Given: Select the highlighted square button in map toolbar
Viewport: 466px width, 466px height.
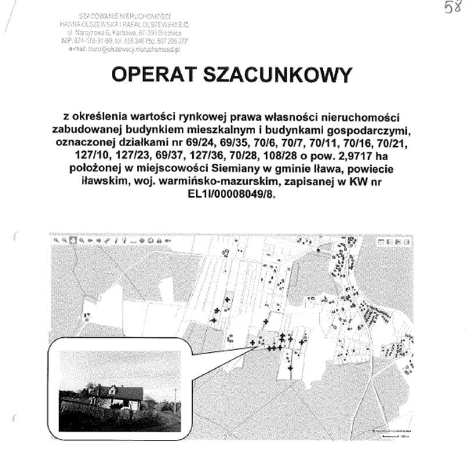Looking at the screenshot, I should click(73, 239).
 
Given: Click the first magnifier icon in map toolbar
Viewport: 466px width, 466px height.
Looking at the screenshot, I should click(57, 239).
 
